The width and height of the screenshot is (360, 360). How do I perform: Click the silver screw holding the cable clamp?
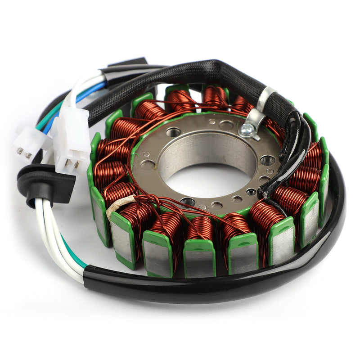pos(246,130)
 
